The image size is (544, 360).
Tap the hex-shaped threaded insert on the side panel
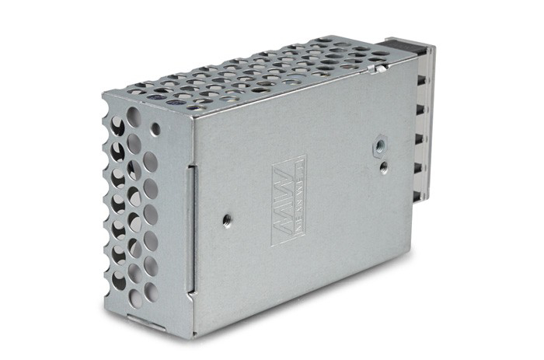pos(380,143)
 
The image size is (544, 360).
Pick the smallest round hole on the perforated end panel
pos(156,128)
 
